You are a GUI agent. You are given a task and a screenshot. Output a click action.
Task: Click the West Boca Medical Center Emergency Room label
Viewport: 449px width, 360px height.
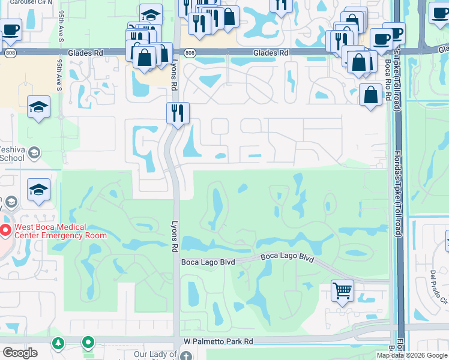[x=58, y=231]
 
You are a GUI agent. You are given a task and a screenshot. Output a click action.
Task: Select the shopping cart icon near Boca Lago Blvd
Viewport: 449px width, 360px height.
[x=342, y=291]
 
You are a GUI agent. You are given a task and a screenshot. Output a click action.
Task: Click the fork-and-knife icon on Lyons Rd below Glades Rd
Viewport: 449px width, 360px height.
[x=177, y=113]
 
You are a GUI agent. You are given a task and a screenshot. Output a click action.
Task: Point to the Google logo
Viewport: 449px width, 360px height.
[x=20, y=353]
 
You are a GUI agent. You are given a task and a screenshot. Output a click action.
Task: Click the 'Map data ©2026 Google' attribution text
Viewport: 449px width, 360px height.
[x=412, y=355]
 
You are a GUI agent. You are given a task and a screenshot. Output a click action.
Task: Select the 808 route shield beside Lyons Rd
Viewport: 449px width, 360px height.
[x=190, y=53]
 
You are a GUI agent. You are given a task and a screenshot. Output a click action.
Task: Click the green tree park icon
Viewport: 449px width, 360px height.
[x=58, y=343]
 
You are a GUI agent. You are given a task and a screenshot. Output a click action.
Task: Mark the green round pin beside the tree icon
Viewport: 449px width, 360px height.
[x=88, y=343]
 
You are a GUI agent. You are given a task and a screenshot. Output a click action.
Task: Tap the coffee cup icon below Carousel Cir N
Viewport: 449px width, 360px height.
[x=10, y=29]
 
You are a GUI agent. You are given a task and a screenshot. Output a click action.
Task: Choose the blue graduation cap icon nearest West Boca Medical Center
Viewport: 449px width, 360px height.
[x=38, y=190]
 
